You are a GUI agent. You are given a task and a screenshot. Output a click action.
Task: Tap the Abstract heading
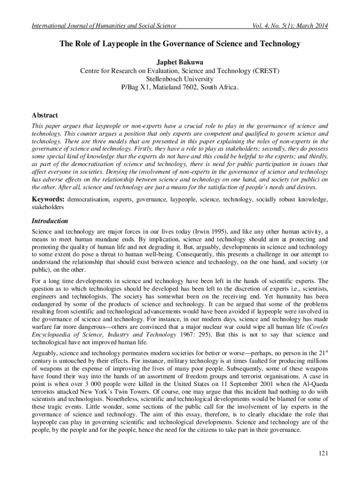point(44,115)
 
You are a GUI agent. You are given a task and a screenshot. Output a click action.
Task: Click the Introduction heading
point(50,221)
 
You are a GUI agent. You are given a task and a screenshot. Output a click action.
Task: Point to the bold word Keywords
point(48,199)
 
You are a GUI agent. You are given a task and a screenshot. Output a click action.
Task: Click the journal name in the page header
point(103,26)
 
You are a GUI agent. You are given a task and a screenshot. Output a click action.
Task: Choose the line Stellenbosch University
point(180,79)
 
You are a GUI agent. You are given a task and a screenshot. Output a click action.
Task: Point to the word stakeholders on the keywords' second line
point(47,206)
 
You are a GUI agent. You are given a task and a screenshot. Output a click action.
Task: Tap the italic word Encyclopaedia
point(53,335)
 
